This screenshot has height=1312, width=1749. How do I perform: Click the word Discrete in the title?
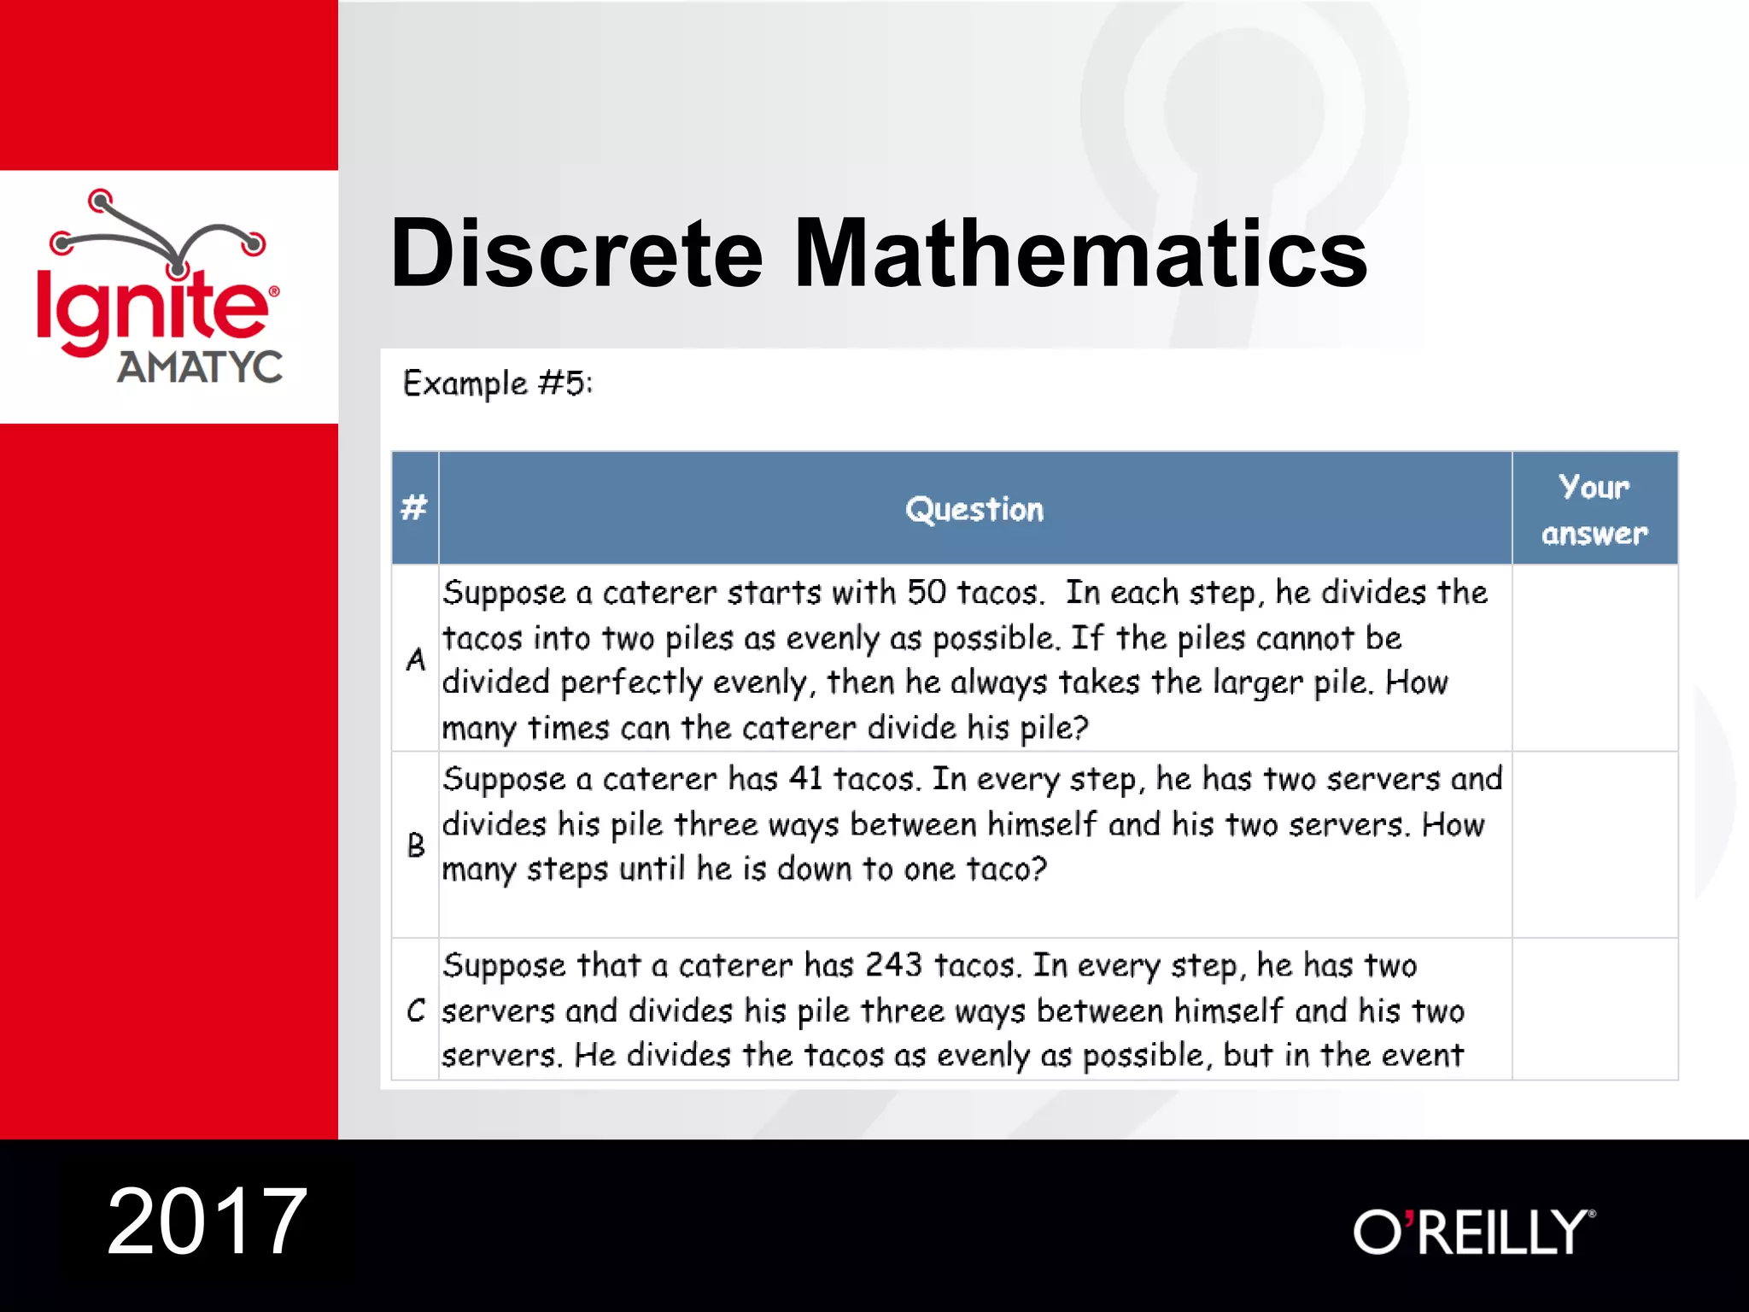tap(576, 253)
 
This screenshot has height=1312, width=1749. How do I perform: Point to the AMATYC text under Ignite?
tap(200, 367)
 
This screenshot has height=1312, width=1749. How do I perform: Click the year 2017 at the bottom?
tap(207, 1221)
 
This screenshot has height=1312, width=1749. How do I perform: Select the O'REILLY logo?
tap(1473, 1232)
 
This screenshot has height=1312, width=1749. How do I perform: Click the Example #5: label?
tap(497, 384)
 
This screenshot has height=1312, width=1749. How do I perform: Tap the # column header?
tap(414, 508)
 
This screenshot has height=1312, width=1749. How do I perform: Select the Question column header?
tap(974, 510)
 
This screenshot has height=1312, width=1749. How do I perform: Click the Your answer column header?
tap(1594, 509)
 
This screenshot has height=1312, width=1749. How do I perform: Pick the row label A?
tap(416, 659)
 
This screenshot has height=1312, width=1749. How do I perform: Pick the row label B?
tap(416, 846)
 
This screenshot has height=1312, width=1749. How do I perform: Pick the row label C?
tap(416, 1010)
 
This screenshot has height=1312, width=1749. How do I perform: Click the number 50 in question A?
tap(927, 592)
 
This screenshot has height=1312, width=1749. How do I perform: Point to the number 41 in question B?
tap(805, 778)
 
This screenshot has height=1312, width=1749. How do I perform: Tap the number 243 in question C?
tap(893, 965)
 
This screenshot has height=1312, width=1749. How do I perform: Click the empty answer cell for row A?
tap(1594, 658)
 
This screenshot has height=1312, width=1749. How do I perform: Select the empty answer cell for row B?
tap(1594, 844)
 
